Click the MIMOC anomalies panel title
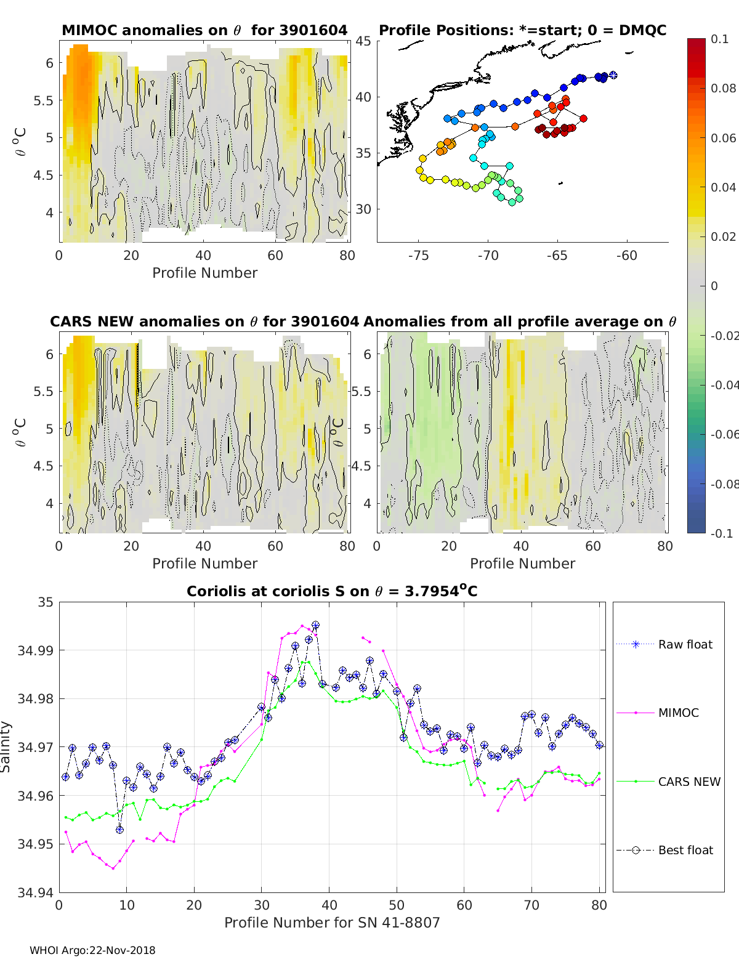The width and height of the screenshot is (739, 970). coord(204,30)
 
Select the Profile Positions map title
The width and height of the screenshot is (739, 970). coord(522,30)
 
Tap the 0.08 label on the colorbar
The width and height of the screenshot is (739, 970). coord(723,89)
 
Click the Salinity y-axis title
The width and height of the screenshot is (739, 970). coord(6,747)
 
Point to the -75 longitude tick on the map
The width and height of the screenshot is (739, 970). coord(418,256)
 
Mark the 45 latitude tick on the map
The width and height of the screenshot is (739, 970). coord(363,41)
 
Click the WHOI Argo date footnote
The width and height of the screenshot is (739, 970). coord(92,951)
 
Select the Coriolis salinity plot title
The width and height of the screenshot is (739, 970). coord(332,592)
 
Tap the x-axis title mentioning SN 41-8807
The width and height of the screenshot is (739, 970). coord(332,923)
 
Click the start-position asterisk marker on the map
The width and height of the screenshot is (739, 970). coord(613,76)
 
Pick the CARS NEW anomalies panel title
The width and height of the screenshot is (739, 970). coord(204,321)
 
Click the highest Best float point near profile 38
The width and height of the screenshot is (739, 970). coord(315,625)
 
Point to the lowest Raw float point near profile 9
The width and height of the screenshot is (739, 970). coord(119,830)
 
